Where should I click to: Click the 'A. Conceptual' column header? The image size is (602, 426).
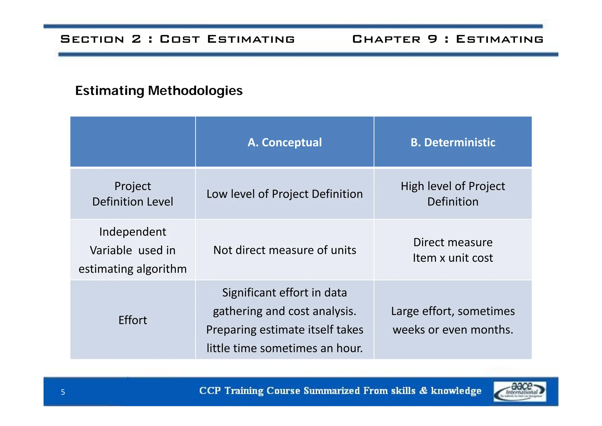pyautogui.click(x=285, y=142)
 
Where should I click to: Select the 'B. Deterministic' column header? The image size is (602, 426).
pyautogui.click(x=453, y=142)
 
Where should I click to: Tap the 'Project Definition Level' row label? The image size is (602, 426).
pyautogui.click(x=133, y=194)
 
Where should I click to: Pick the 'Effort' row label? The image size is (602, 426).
pyautogui.click(x=133, y=320)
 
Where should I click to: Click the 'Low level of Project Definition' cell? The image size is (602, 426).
pyautogui.click(x=285, y=194)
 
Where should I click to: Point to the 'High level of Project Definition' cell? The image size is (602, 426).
pyautogui.click(x=453, y=194)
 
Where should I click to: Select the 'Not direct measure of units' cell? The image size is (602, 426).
pyautogui.click(x=285, y=250)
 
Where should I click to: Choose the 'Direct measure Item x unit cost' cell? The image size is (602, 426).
pyautogui.click(x=453, y=250)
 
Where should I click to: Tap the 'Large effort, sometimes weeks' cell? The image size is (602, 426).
pyautogui.click(x=453, y=320)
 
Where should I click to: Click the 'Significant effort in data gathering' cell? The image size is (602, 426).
pyautogui.click(x=285, y=320)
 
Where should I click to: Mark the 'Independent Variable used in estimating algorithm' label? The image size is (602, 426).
pyautogui.click(x=133, y=250)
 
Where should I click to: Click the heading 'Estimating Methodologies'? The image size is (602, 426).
pyautogui.click(x=159, y=91)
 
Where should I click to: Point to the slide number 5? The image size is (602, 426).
pyautogui.click(x=63, y=392)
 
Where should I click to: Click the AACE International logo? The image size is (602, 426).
pyautogui.click(x=520, y=391)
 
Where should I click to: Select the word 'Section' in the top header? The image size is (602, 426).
pyautogui.click(x=92, y=39)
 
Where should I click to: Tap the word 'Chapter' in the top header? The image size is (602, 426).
pyautogui.click(x=386, y=39)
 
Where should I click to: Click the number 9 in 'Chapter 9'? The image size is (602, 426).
pyautogui.click(x=432, y=39)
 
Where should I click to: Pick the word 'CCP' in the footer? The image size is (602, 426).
pyautogui.click(x=210, y=391)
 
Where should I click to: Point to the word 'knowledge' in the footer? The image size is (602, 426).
pyautogui.click(x=456, y=391)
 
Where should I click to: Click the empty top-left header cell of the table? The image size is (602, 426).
pyautogui.click(x=133, y=142)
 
